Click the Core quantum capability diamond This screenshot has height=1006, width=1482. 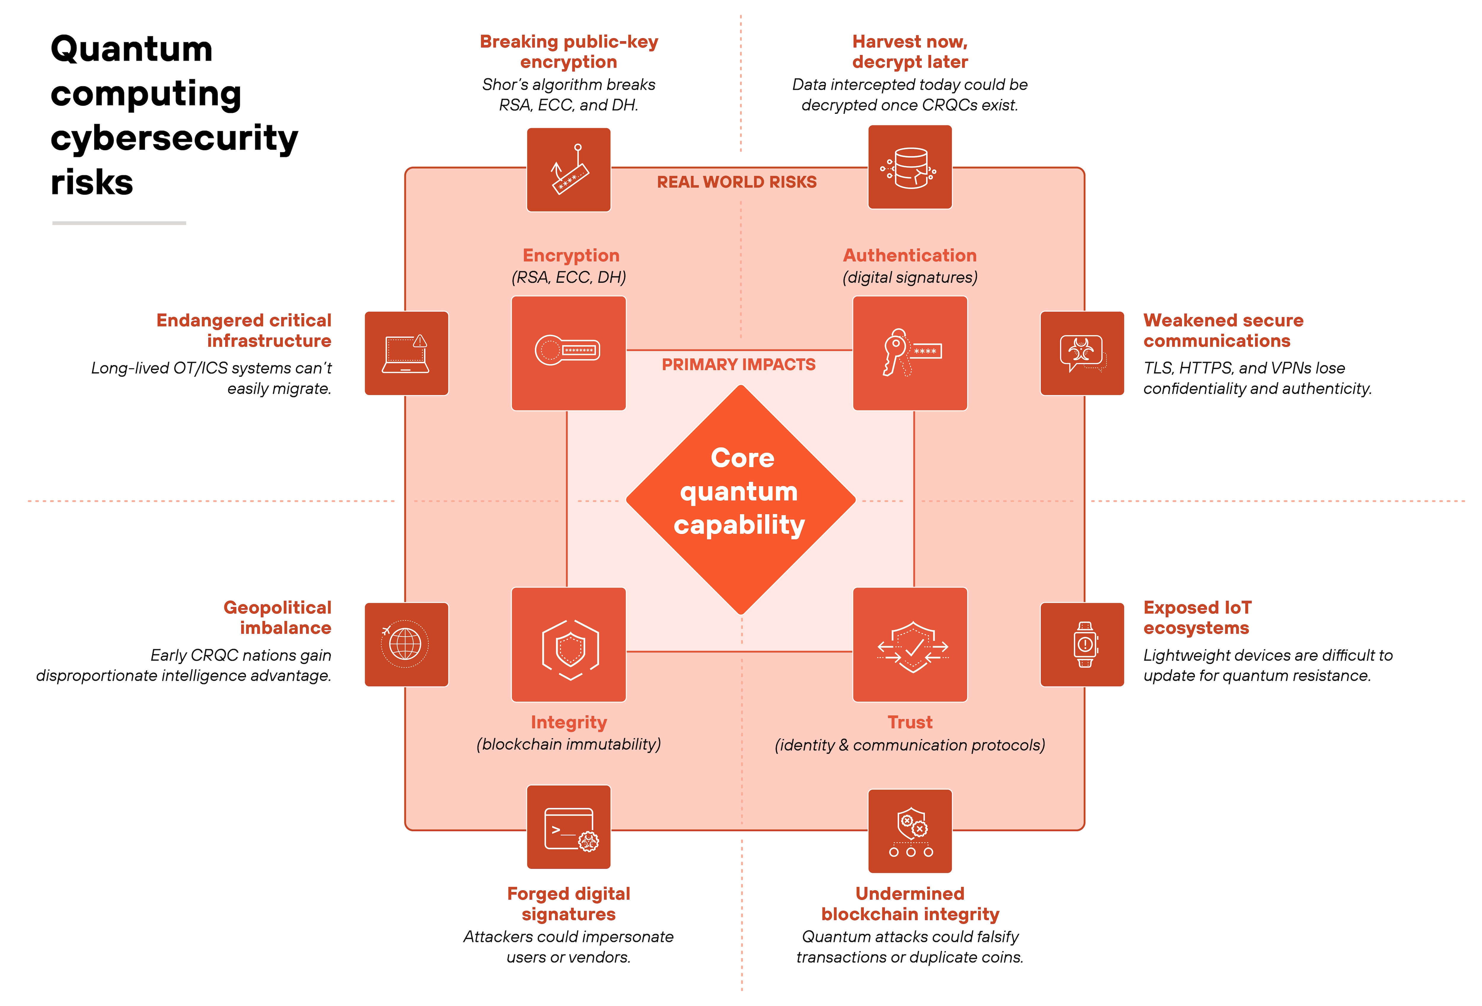pos(740,499)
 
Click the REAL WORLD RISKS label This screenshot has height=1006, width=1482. pos(737,182)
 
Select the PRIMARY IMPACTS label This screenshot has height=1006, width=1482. pos(738,365)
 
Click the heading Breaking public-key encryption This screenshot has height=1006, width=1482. pos(568,52)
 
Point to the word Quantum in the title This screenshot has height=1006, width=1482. pos(131,49)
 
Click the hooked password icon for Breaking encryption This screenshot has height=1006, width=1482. pos(568,170)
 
